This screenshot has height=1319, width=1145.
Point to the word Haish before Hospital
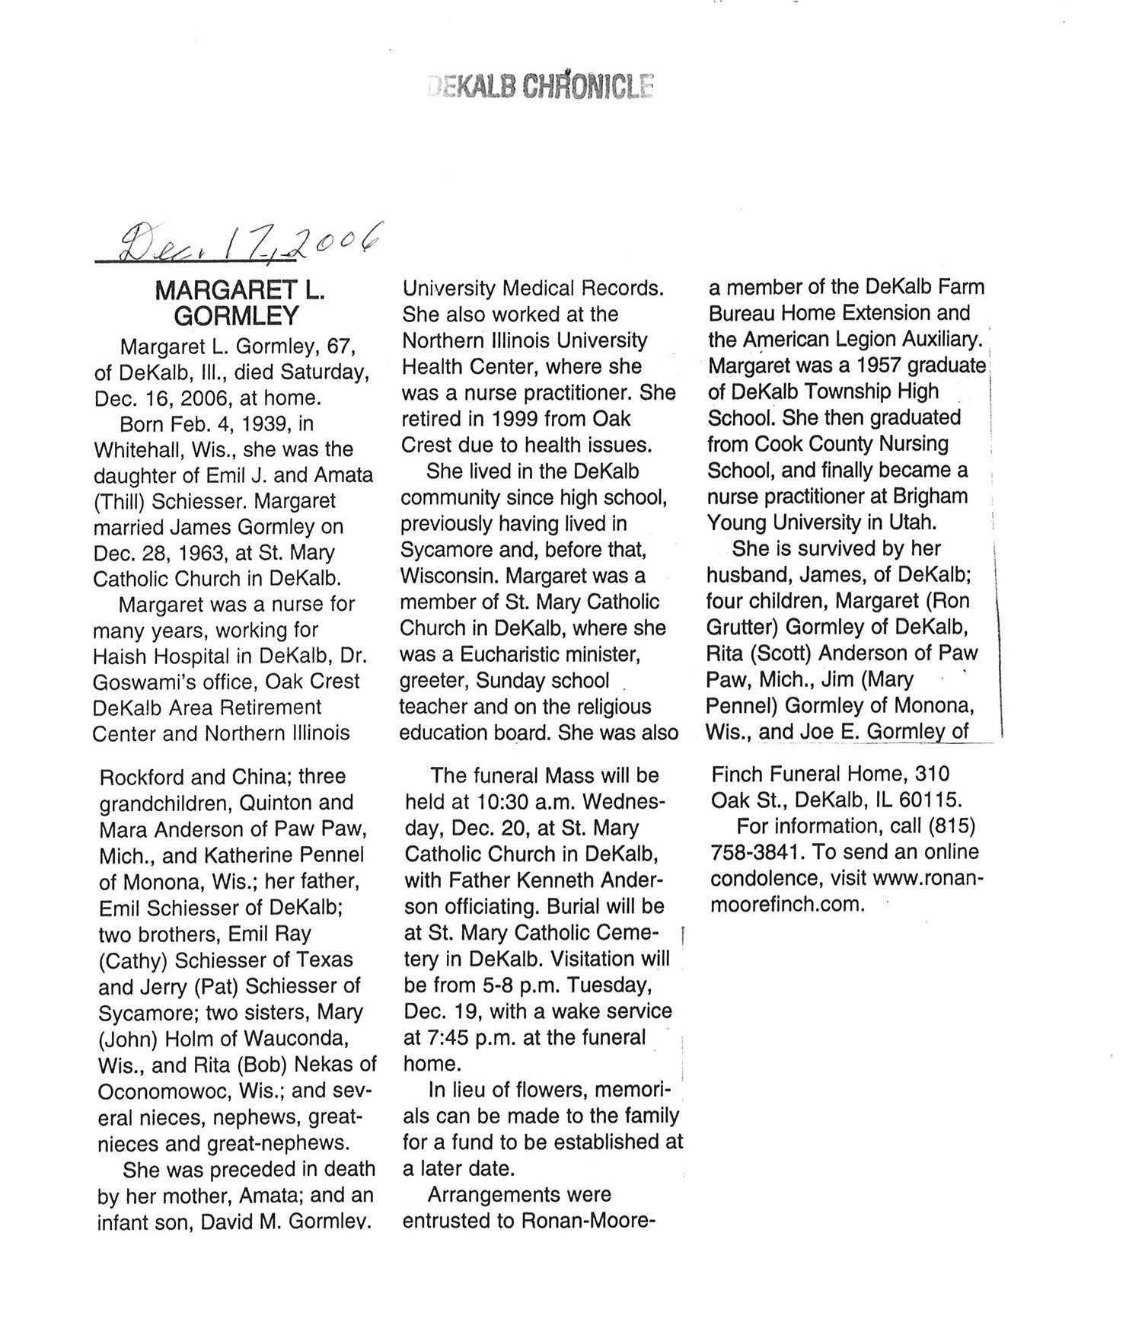[119, 656]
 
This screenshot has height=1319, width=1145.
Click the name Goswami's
[151, 682]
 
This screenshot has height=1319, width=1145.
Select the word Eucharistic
[518, 654]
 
